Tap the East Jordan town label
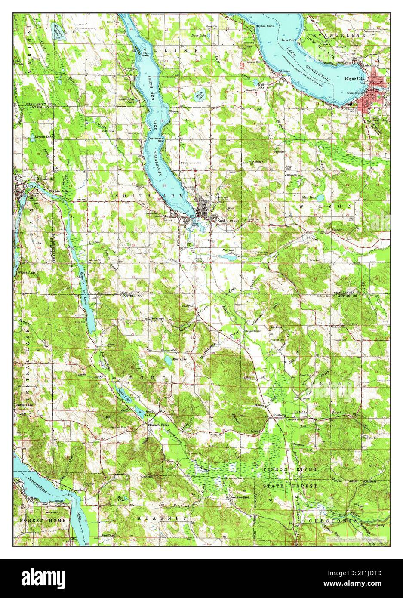pos(228,221)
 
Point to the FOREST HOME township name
pos(43,520)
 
